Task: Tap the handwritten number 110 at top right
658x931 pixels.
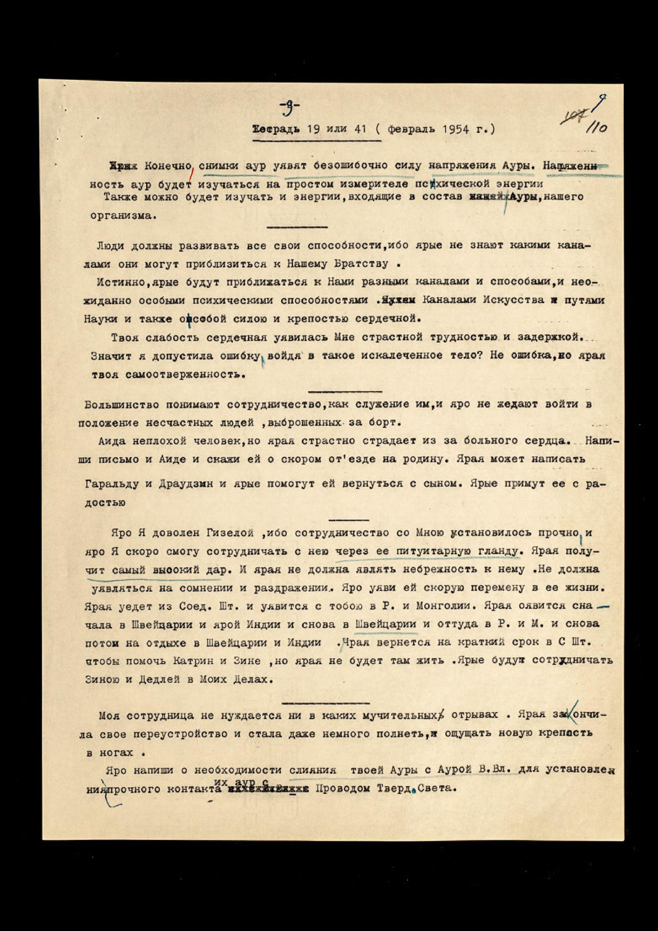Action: click(x=596, y=128)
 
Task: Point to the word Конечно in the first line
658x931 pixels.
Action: click(x=167, y=166)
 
